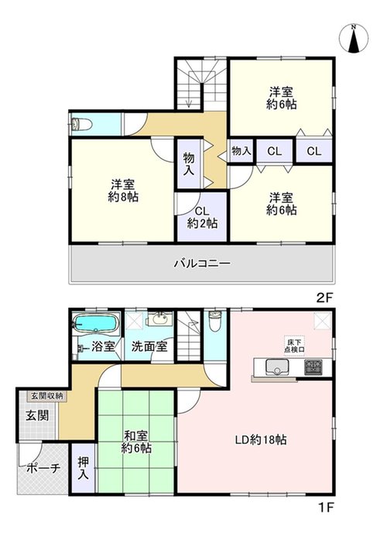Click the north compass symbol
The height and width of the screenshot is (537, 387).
pyautogui.click(x=354, y=39)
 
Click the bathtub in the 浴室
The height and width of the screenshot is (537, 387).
pyautogui.click(x=95, y=323)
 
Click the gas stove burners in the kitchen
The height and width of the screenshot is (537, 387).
pyautogui.click(x=313, y=367)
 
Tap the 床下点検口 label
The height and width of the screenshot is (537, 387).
pyautogui.click(x=294, y=346)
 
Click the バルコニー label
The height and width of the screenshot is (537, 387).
pyautogui.click(x=202, y=263)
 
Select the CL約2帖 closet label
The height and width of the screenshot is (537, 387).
pyautogui.click(x=202, y=218)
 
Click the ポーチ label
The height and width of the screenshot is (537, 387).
pyautogui.click(x=43, y=467)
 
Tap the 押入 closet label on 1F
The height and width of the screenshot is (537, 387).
pyautogui.click(x=83, y=468)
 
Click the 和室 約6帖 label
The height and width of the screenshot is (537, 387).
pyautogui.click(x=136, y=442)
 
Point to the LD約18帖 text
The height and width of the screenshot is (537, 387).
pyautogui.click(x=261, y=439)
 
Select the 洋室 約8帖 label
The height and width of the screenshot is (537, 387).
pyautogui.click(x=123, y=191)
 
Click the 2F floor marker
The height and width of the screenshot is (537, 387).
pyautogui.click(x=324, y=298)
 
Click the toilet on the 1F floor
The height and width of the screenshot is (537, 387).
pyautogui.click(x=215, y=321)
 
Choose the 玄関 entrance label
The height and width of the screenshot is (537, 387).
pyautogui.click(x=38, y=415)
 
